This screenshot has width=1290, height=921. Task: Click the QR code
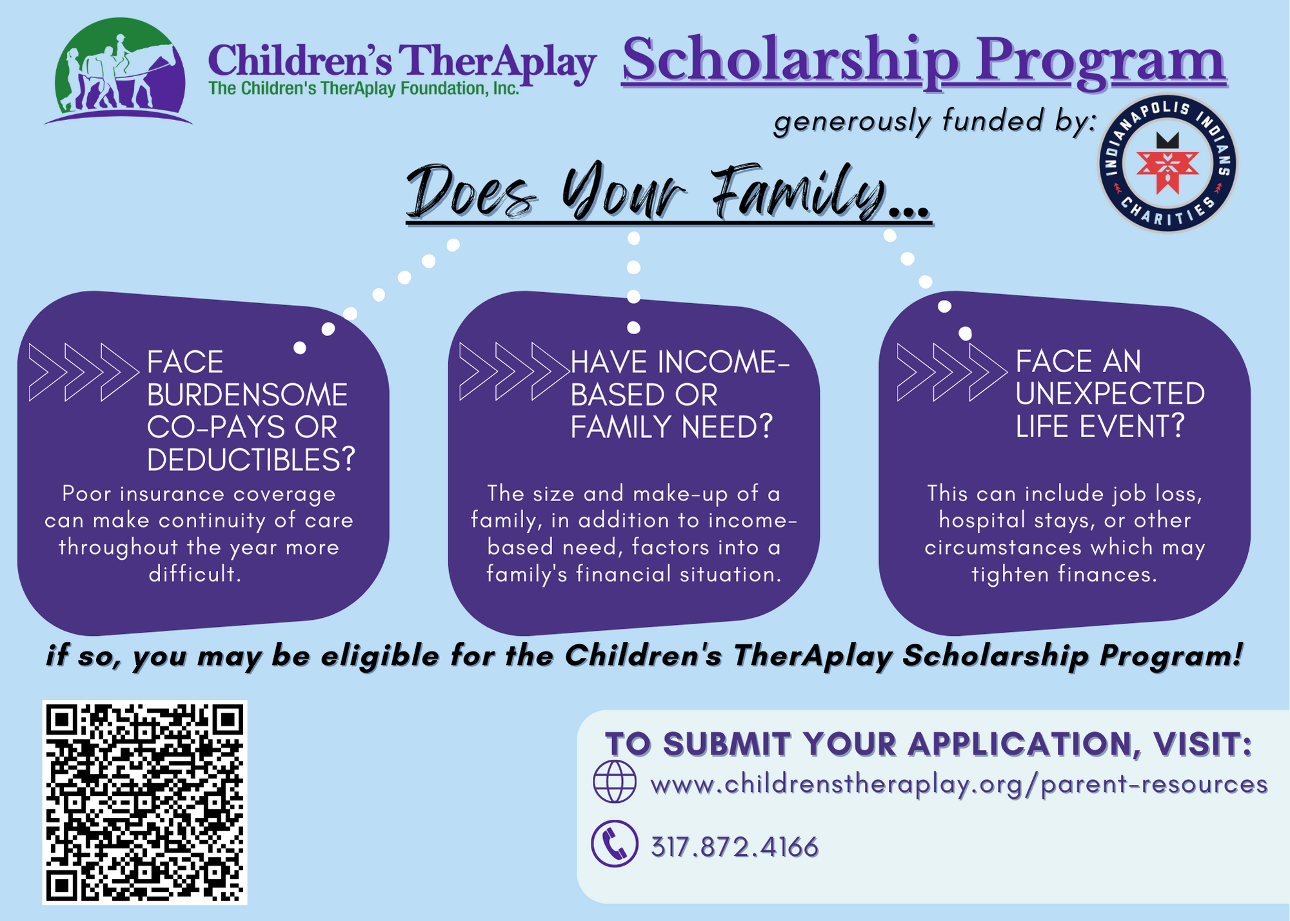click(x=144, y=802)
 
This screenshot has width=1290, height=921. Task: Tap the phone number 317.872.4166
click(x=735, y=847)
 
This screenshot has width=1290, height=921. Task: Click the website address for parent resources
click(x=959, y=784)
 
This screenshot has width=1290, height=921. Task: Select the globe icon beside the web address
click(x=614, y=781)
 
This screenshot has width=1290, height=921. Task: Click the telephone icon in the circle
click(x=614, y=844)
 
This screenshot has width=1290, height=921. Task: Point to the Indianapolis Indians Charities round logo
click(x=1167, y=163)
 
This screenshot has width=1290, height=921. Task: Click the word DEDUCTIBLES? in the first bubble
click(x=250, y=460)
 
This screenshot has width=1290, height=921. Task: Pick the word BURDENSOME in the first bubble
click(x=247, y=395)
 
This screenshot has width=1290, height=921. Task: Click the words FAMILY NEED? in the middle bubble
click(x=671, y=427)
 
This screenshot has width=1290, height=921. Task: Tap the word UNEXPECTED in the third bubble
click(x=1109, y=394)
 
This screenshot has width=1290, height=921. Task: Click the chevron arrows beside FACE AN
click(x=951, y=372)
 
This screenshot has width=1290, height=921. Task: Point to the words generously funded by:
click(x=935, y=121)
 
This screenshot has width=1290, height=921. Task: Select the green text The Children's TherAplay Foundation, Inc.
click(x=364, y=88)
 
